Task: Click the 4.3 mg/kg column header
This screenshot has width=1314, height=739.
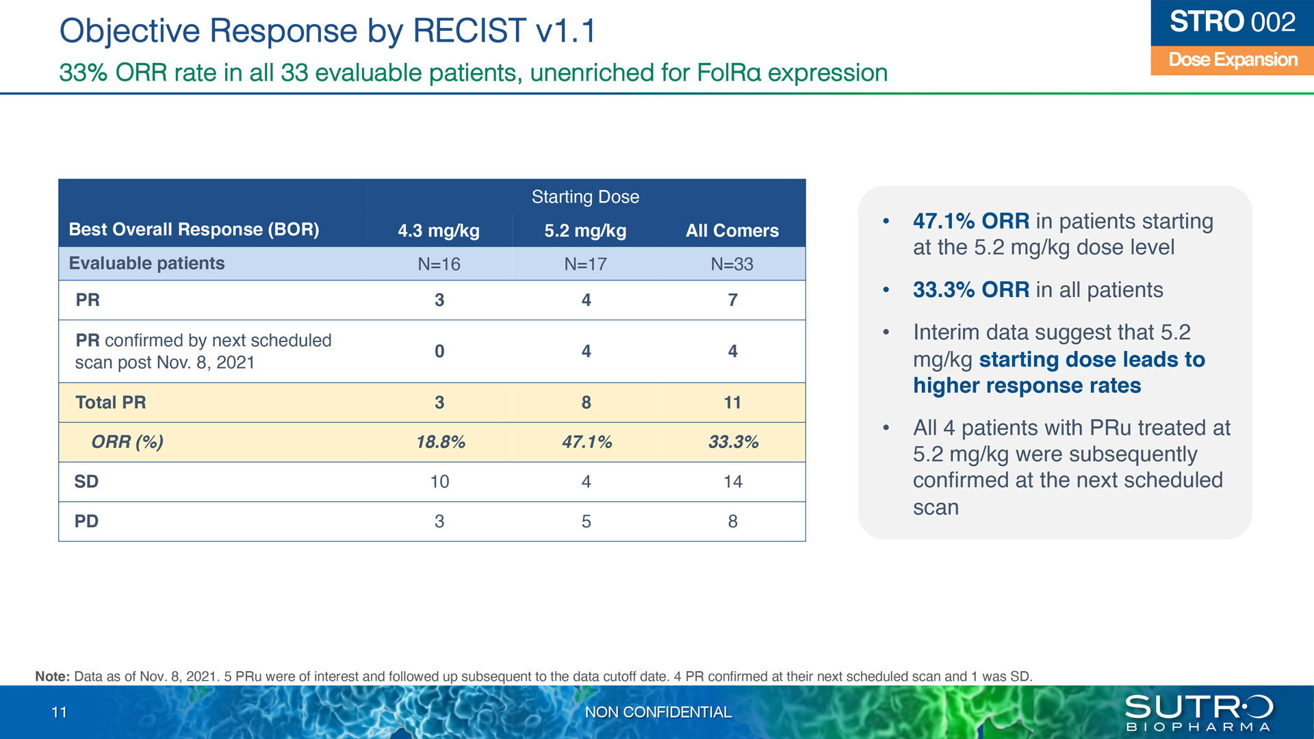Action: click(439, 231)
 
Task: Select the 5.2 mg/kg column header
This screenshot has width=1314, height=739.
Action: click(585, 231)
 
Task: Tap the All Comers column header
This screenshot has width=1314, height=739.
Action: click(732, 231)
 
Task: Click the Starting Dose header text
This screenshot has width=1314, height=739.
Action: click(585, 197)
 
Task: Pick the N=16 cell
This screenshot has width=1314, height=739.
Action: click(439, 264)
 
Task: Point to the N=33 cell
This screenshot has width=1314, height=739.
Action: click(732, 264)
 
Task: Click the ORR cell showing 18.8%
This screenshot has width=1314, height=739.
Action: click(441, 442)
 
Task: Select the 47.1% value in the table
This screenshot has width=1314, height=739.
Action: click(587, 442)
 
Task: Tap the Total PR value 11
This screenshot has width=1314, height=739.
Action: click(732, 402)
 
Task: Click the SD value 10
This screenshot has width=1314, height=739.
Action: click(439, 482)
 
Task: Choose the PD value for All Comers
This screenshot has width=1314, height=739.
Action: click(733, 521)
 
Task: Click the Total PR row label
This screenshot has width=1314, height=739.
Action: click(111, 402)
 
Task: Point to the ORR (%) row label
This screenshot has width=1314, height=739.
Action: click(127, 442)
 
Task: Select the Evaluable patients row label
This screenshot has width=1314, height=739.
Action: click(146, 263)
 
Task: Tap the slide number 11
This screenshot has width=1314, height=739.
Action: click(60, 712)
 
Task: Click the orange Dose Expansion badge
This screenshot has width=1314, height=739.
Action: click(1233, 60)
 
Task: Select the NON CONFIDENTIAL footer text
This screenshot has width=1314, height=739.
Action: click(658, 712)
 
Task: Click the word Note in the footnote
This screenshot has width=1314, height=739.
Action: click(52, 676)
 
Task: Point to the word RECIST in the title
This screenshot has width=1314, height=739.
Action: click(469, 31)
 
